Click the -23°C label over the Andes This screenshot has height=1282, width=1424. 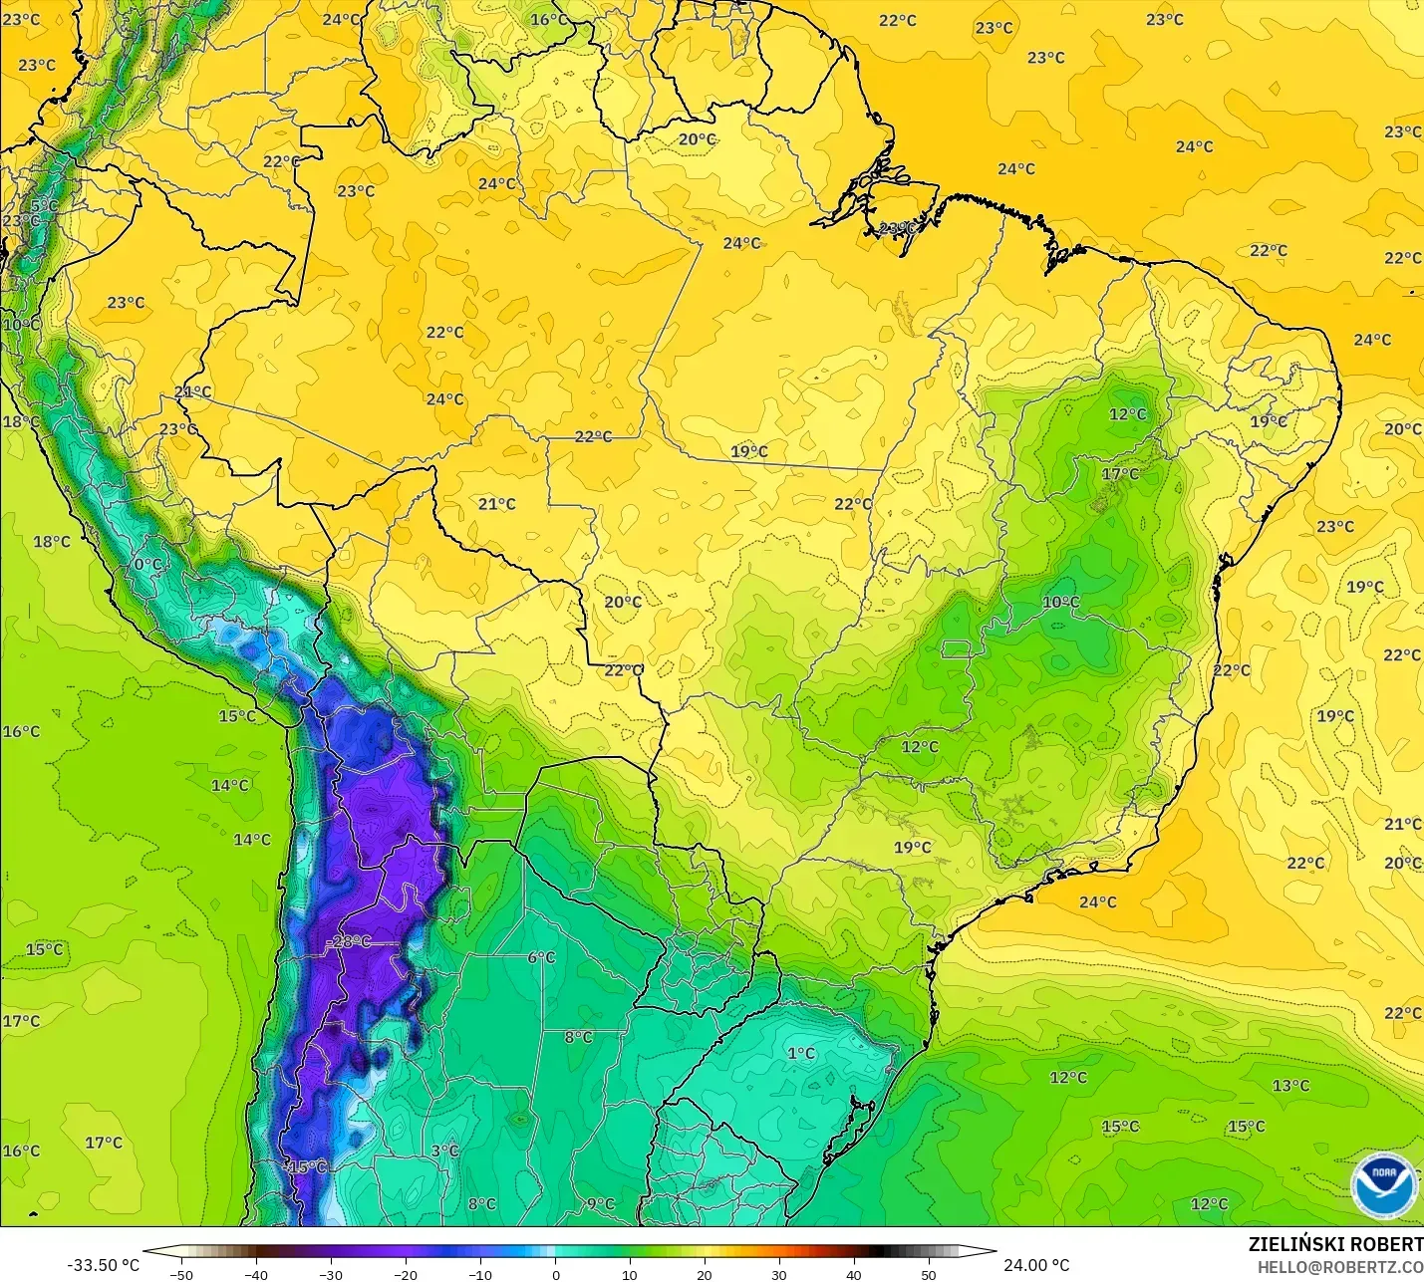pos(349,941)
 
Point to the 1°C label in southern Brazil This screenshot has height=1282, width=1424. pos(801,1053)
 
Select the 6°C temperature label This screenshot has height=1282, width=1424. pos(541,957)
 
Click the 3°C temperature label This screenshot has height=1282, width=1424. pos(444,1151)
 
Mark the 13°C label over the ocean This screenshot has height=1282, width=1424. pos(1290,1085)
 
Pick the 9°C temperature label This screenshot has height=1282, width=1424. pos(600,1203)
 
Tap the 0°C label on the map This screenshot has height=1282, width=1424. pos(147,564)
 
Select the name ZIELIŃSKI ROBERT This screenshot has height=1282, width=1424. pos(1335,1244)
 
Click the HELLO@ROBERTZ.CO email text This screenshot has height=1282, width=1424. pos(1339,1267)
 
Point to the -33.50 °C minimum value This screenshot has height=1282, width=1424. pos(103,1265)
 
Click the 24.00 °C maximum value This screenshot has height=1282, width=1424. pos(1036,1265)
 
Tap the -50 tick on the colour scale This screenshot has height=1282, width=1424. pos(181,1274)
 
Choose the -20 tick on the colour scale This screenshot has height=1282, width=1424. pos(406,1274)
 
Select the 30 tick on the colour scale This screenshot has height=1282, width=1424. pos(779,1274)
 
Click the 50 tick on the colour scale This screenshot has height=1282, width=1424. pos(929,1274)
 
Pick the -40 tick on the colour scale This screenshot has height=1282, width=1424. pos(256,1274)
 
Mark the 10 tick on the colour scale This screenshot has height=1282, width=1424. pos(630,1274)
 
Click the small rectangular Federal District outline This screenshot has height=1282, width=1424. pos(956,649)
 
